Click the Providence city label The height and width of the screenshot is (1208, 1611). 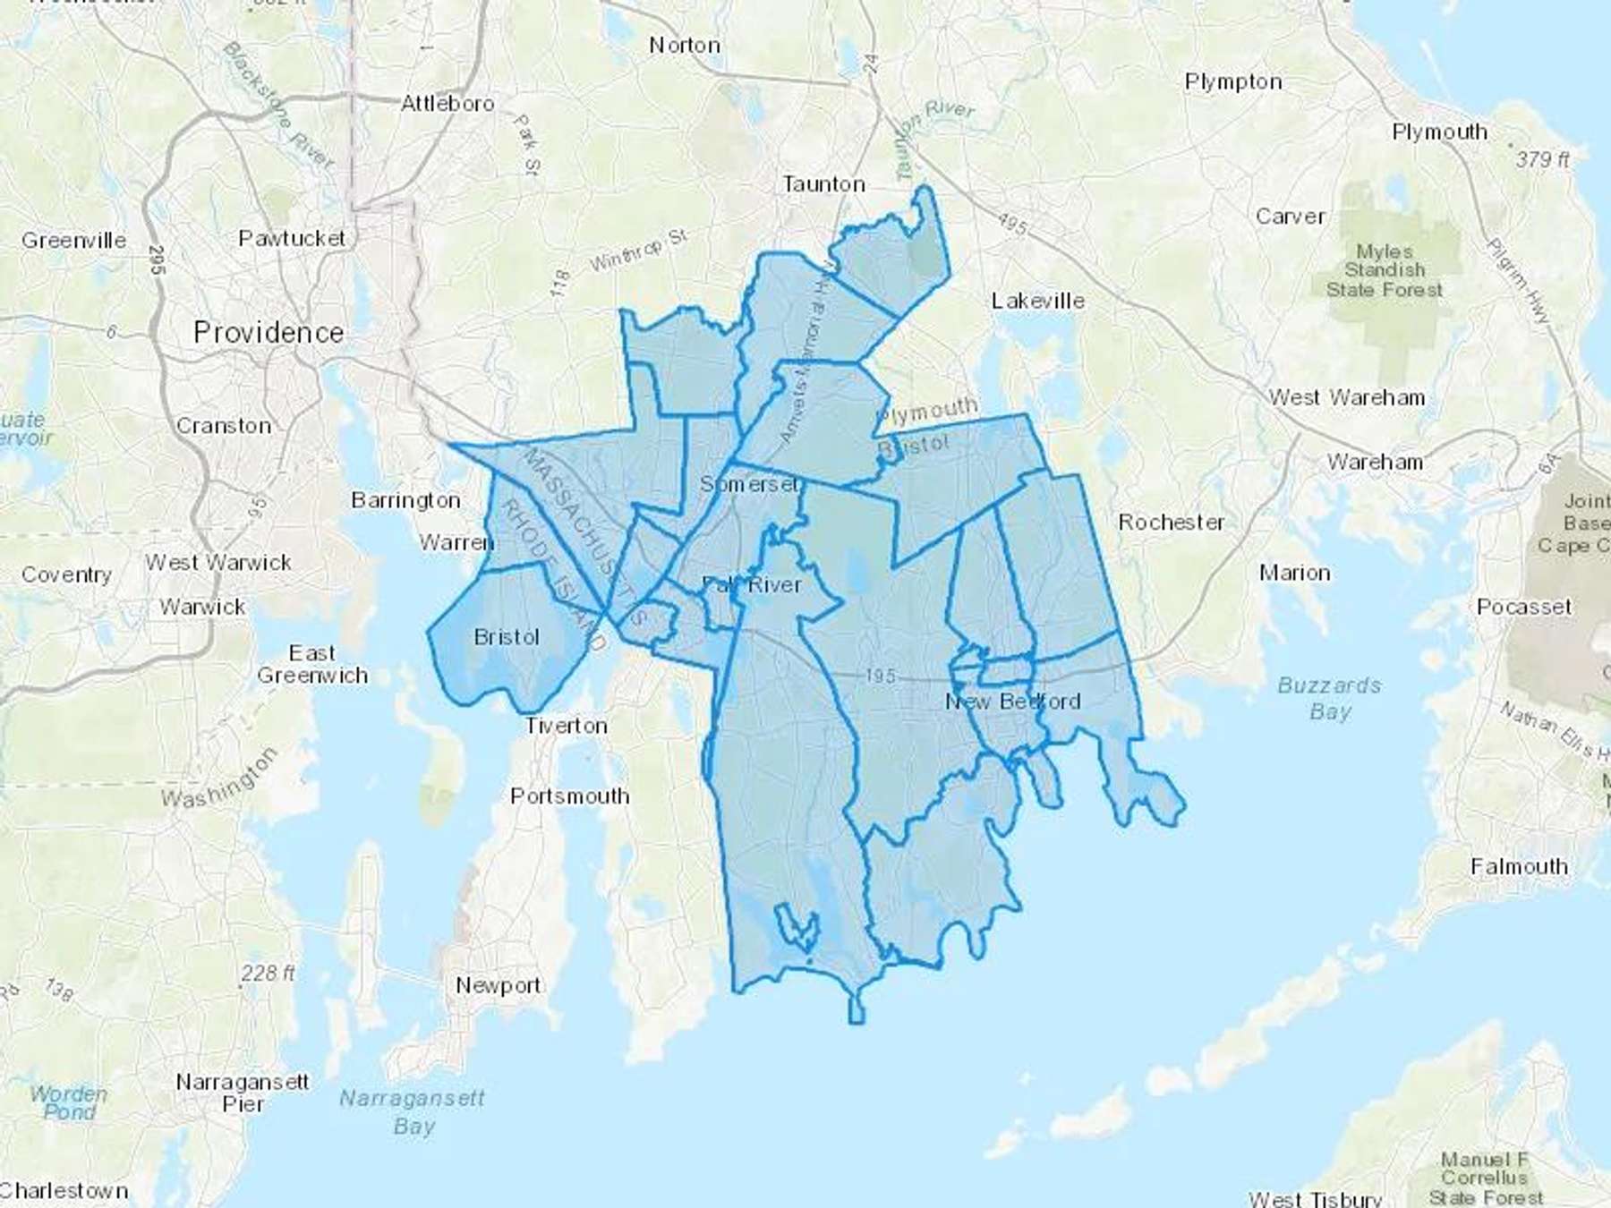tap(268, 333)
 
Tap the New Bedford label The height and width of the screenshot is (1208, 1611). tap(1013, 702)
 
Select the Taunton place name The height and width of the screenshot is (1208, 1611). tap(823, 184)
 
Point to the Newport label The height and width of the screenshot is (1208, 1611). tap(498, 985)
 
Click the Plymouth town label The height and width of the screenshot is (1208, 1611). tap(1439, 132)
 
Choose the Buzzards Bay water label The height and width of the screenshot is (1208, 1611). tap(1329, 698)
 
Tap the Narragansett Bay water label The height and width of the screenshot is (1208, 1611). tap(413, 1111)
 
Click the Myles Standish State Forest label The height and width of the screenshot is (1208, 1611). tap(1385, 270)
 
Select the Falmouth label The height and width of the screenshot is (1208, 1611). tap(1519, 866)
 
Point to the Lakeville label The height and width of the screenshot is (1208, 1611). tap(1038, 301)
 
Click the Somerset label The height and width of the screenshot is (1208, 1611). tap(749, 484)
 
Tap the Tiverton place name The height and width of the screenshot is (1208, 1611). tap(566, 725)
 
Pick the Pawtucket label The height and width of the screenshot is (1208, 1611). tap(292, 238)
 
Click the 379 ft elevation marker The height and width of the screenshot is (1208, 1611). tap(1542, 159)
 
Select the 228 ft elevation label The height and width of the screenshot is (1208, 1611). tap(268, 973)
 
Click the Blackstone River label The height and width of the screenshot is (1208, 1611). tap(278, 105)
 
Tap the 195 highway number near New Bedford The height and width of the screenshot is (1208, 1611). tap(880, 676)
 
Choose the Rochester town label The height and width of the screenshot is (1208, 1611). tap(1171, 522)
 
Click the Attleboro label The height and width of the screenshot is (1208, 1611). tap(447, 103)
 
